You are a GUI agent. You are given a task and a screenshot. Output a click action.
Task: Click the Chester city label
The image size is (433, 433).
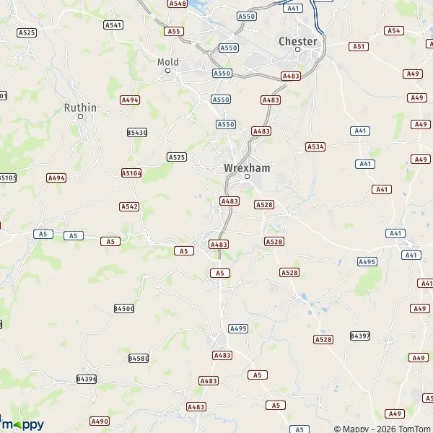tap(297, 41)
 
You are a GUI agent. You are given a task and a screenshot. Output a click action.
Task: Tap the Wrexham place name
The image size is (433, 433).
tap(247, 167)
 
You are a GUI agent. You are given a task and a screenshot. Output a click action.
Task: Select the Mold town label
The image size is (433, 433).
tap(167, 61)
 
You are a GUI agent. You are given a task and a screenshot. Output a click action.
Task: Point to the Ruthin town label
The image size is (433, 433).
tap(80, 108)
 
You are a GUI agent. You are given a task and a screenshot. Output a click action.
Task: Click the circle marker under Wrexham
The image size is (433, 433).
tap(247, 177)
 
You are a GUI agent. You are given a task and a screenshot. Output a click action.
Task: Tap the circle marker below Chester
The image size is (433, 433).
tap(297, 50)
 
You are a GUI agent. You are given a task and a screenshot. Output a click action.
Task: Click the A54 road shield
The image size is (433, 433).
tap(393, 30)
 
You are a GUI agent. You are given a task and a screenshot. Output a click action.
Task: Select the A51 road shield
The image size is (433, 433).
tap(359, 46)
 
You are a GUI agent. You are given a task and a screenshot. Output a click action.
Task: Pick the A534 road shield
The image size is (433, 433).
tap(315, 146)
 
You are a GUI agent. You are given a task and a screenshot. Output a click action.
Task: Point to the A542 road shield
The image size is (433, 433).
tap(128, 206)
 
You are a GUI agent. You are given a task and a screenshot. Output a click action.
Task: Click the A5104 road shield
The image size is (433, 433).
tap(131, 173)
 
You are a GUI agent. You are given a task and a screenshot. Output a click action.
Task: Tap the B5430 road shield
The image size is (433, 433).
tap(136, 132)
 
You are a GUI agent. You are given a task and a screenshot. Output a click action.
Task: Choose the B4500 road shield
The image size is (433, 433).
tap(123, 308)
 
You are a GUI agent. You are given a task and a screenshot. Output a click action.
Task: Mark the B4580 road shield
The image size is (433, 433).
tap(138, 358)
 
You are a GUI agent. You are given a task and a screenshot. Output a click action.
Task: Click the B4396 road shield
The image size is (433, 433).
tap(86, 379)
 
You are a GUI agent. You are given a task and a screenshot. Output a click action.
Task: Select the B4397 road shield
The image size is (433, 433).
tap(359, 336)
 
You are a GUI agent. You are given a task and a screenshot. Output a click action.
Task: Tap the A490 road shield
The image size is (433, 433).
tap(100, 421)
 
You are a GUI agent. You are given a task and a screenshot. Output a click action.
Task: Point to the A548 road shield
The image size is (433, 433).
tap(178, 4)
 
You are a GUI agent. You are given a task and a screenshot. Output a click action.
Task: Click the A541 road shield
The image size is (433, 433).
tap(113, 25)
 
